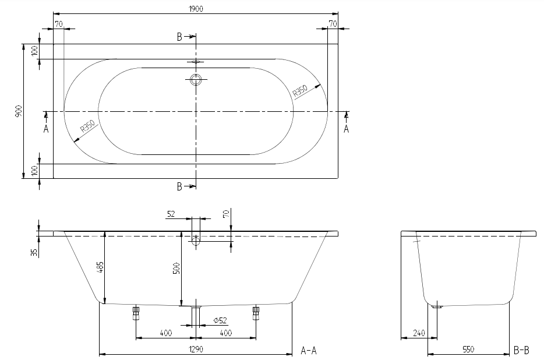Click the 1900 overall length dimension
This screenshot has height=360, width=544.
(x=196, y=9)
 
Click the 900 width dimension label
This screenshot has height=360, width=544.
(x=19, y=111)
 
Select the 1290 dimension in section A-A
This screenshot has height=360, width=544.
(x=196, y=349)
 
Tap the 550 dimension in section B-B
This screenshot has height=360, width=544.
(x=468, y=350)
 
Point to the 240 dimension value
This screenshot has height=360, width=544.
(x=419, y=333)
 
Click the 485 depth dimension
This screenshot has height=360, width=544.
(x=100, y=267)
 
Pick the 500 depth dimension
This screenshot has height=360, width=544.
(x=176, y=269)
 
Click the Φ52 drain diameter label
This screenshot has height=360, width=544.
(x=220, y=320)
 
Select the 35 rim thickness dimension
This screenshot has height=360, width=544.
(x=34, y=252)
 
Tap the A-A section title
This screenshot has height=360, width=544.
(x=309, y=351)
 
